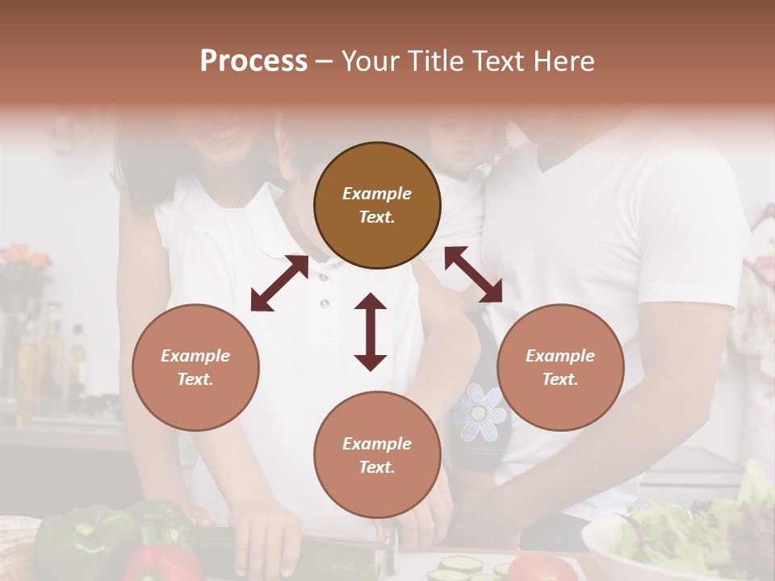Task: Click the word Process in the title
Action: click(x=253, y=61)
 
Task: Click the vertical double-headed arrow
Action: click(x=371, y=332)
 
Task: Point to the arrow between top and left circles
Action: click(x=279, y=283)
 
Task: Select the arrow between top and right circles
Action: click(x=473, y=274)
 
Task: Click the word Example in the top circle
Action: click(x=377, y=194)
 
